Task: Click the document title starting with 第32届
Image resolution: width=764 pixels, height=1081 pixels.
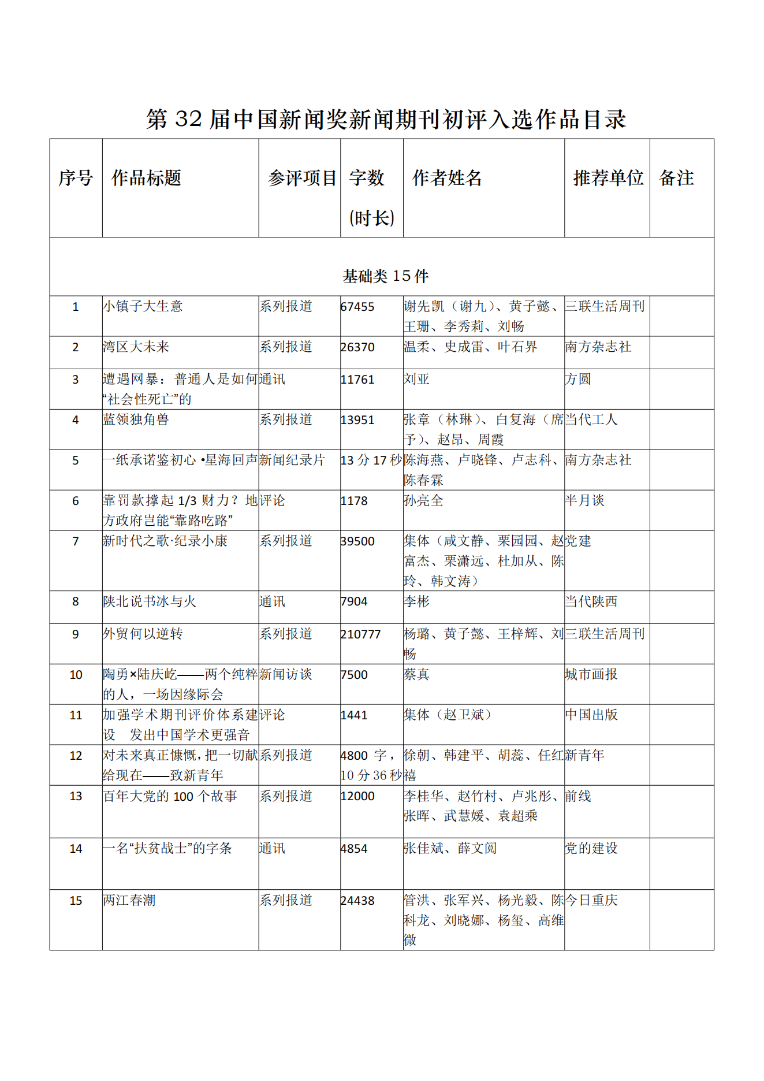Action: pos(386,119)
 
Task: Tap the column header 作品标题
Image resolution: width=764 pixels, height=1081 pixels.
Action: pos(146,178)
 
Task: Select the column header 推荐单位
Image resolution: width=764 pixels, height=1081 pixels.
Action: pos(608,178)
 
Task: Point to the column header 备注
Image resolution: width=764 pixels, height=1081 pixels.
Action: pos(676,178)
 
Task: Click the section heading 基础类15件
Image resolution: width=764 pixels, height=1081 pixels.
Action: pos(386,276)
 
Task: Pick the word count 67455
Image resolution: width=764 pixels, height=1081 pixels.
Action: pos(357,307)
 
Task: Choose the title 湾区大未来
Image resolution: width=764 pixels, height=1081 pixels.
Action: pos(136,347)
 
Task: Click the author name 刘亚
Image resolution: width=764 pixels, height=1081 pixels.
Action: pos(416,379)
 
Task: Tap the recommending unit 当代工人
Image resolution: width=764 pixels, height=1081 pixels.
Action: pos(591,419)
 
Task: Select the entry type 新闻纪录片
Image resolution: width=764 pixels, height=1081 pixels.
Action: pos(292,460)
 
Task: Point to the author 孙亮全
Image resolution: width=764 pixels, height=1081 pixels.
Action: pos(423,500)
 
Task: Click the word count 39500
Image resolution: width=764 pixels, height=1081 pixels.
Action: pos(357,541)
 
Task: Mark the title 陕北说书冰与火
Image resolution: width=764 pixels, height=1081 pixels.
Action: pos(150,601)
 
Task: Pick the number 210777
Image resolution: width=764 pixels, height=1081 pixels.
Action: pos(361,634)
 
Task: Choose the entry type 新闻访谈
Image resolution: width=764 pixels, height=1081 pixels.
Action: pos(285,674)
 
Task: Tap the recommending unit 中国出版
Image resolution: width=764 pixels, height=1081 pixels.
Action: pos(591,715)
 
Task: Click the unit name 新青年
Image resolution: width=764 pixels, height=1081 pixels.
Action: pos(584,755)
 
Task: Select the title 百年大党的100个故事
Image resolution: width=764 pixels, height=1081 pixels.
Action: pos(170,796)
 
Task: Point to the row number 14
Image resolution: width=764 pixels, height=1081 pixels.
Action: pos(76,849)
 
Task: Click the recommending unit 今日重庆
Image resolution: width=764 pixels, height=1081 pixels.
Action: pos(591,900)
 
